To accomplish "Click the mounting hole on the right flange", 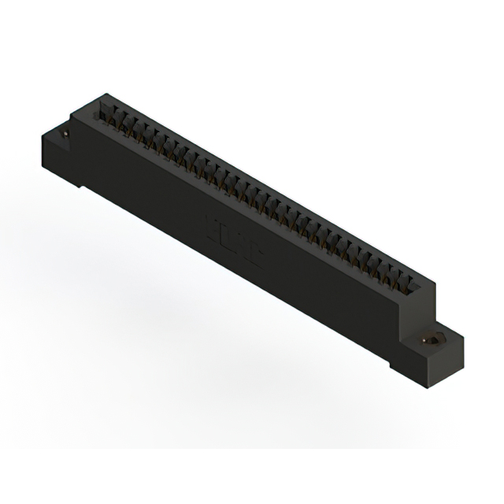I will coord(432,339).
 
